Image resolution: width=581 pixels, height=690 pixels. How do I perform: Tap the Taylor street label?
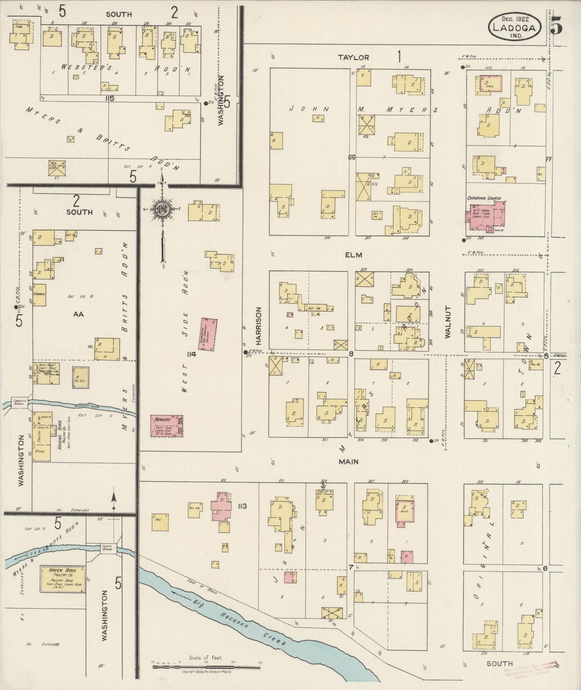tap(353, 58)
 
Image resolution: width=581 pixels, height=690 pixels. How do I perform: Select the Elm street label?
tap(353, 255)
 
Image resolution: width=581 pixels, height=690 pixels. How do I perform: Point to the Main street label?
tap(348, 462)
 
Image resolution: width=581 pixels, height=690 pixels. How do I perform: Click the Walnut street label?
tap(448, 321)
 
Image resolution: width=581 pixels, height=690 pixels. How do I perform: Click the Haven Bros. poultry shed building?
tap(62, 579)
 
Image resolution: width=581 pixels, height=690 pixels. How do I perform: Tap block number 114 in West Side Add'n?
tap(191, 354)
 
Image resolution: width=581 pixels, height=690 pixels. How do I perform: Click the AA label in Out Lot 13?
tap(78, 314)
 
